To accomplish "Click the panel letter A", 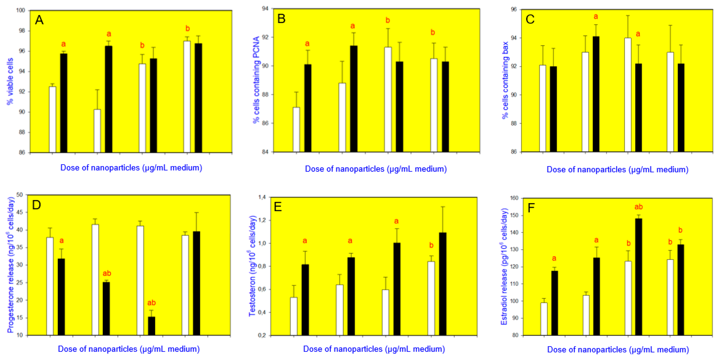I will (x=39, y=20).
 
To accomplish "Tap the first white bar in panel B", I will (x=296, y=130).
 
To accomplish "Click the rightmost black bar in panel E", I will (x=443, y=284).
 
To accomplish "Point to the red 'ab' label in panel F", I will (x=638, y=207).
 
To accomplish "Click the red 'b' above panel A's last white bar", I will (x=188, y=29).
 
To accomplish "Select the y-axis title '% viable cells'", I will (x=10, y=81).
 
